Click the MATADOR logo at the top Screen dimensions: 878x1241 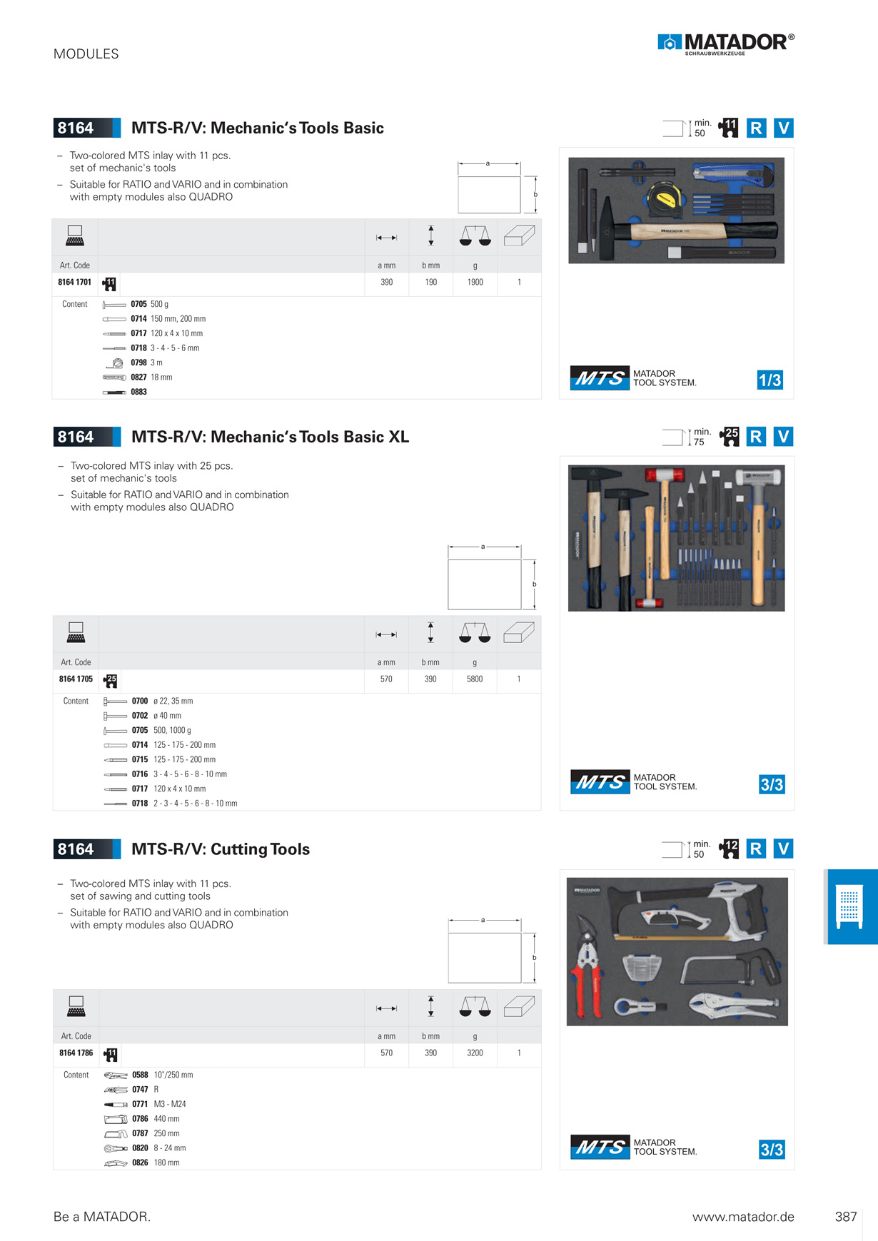click(726, 44)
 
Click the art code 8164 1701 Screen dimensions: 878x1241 click(75, 282)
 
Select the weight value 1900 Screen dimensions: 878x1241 click(475, 282)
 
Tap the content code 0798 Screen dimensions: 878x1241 click(138, 363)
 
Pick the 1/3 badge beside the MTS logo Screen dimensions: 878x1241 click(769, 380)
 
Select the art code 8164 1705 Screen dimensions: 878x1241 click(76, 679)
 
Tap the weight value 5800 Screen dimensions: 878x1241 click(475, 679)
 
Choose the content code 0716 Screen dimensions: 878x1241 click(140, 774)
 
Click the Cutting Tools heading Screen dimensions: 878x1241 click(221, 849)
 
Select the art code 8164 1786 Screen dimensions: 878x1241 click(76, 1053)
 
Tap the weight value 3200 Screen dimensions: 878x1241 click(475, 1053)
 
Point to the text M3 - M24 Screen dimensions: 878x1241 click(170, 1104)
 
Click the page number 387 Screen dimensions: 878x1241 click(846, 1217)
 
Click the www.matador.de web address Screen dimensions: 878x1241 click(743, 1217)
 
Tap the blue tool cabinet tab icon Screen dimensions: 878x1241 click(849, 906)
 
